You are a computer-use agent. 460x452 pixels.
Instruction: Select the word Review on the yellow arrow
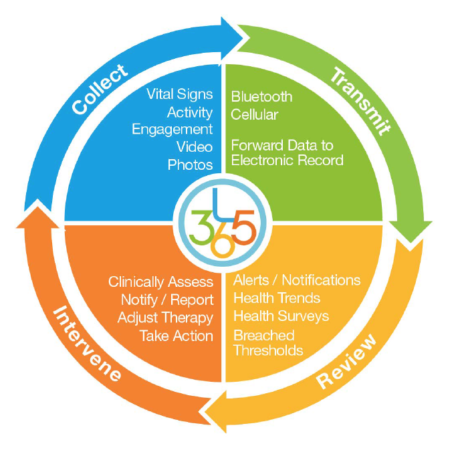tap(347, 361)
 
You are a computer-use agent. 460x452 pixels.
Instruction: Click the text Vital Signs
tap(179, 94)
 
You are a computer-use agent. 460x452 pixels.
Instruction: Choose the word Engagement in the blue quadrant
tap(172, 129)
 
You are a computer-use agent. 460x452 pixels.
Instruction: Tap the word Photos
tap(191, 164)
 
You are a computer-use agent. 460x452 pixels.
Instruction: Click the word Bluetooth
tap(261, 97)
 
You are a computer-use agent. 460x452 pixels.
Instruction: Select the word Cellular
tap(255, 114)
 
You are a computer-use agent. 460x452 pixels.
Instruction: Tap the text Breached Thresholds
tap(268, 342)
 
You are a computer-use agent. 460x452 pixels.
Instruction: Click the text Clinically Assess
tap(160, 282)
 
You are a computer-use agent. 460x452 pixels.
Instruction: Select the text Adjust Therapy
tap(165, 318)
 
